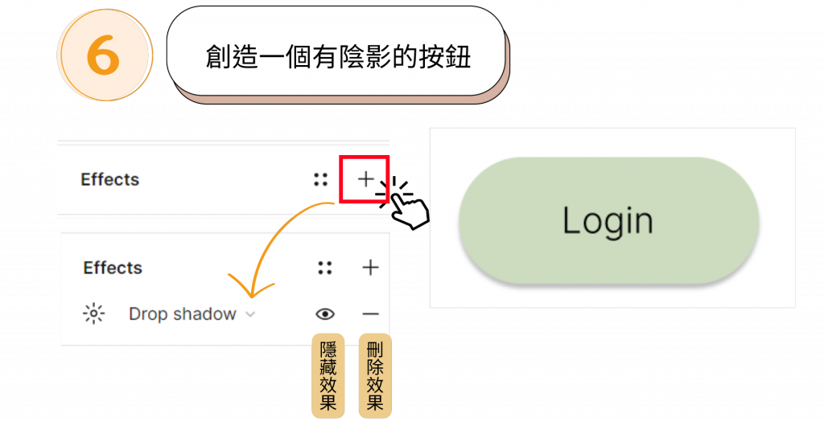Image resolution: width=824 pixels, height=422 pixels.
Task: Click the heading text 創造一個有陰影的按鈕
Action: [x=338, y=57]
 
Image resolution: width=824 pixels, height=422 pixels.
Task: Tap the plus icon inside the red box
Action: [x=366, y=179]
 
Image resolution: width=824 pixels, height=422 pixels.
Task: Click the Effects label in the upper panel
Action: [x=110, y=180]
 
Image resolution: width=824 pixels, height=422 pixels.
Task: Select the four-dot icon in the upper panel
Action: [x=321, y=180]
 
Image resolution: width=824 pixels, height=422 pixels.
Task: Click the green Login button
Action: [x=608, y=221]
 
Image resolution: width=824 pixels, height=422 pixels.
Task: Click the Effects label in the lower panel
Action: [x=113, y=268]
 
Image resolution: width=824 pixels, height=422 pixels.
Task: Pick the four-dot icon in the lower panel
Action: [x=325, y=268]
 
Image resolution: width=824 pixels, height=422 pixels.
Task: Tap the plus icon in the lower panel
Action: [x=370, y=268]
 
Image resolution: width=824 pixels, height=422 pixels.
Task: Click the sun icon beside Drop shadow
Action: [x=94, y=313]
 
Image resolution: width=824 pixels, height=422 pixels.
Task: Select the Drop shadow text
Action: [x=183, y=314]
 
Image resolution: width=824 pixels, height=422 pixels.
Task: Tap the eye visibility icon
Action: [x=325, y=313]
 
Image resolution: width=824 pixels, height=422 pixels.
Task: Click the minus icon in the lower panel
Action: [x=370, y=313]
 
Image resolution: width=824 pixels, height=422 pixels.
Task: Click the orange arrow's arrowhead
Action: [x=250, y=291]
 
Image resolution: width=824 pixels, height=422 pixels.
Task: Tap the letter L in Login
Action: [x=571, y=220]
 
